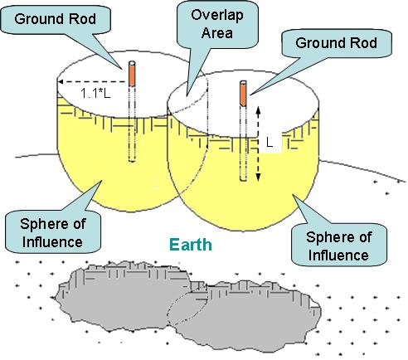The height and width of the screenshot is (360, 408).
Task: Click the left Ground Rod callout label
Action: (x=56, y=19)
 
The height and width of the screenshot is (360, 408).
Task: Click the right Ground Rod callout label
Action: (x=336, y=43)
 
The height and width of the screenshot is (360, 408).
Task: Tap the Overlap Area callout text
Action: (x=217, y=24)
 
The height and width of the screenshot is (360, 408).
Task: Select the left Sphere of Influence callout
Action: (x=52, y=233)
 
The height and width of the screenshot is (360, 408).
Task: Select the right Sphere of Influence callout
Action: (x=338, y=246)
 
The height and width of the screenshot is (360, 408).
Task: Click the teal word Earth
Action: (x=191, y=245)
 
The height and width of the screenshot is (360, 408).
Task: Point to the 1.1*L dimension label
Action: (x=95, y=93)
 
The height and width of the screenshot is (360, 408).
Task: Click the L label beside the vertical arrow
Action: (x=270, y=143)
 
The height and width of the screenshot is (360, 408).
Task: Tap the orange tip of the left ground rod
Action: (x=133, y=74)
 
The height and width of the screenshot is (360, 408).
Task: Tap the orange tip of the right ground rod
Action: (x=243, y=94)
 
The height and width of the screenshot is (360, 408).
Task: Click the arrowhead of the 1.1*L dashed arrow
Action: (x=61, y=81)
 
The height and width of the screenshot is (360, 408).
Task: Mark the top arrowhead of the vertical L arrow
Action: (x=258, y=109)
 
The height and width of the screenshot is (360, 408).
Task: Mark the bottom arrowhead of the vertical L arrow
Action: (x=258, y=178)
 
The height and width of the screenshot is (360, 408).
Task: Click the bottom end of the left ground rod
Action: (x=133, y=160)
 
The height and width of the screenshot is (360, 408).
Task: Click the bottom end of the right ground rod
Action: (x=243, y=180)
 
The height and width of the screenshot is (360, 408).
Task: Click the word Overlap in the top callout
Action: (x=217, y=16)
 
